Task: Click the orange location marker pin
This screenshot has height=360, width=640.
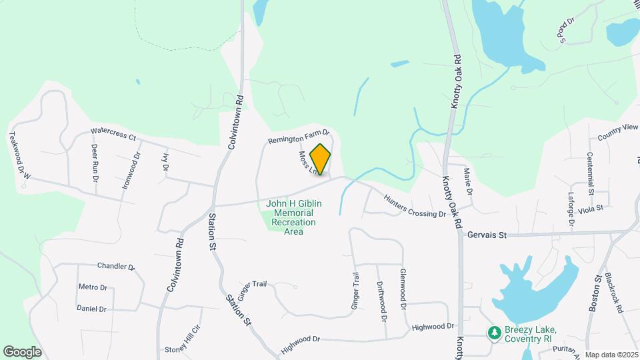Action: pyautogui.click(x=321, y=159)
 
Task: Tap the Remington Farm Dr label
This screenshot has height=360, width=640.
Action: pyautogui.click(x=299, y=137)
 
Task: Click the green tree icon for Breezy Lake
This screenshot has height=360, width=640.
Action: pyautogui.click(x=494, y=331)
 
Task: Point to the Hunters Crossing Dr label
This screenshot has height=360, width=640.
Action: pyautogui.click(x=414, y=205)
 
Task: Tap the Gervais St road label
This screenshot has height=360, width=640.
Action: pyautogui.click(x=487, y=235)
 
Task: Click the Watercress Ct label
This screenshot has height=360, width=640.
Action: pyautogui.click(x=113, y=134)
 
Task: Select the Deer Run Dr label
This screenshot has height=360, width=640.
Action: pyautogui.click(x=95, y=163)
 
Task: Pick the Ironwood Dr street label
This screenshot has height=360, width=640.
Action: pyautogui.click(x=131, y=171)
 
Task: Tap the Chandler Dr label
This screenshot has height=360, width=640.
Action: pyautogui.click(x=116, y=267)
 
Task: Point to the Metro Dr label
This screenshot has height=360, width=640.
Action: pyautogui.click(x=93, y=287)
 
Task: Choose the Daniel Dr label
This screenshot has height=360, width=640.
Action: pyautogui.click(x=91, y=309)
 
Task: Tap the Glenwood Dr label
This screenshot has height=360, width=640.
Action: pyautogui.click(x=403, y=290)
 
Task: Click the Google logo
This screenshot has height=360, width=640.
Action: pyautogui.click(x=22, y=351)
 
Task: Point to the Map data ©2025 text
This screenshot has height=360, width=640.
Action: pyautogui.click(x=611, y=355)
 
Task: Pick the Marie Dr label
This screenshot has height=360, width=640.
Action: pyautogui.click(x=469, y=182)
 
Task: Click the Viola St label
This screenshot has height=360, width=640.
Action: pyautogui.click(x=591, y=208)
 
